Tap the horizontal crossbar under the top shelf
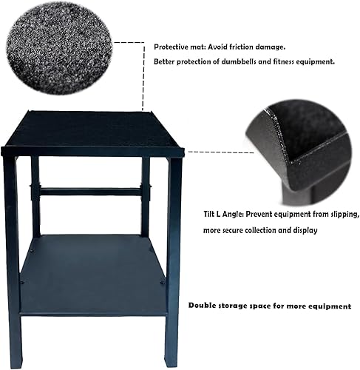coord(89,192)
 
